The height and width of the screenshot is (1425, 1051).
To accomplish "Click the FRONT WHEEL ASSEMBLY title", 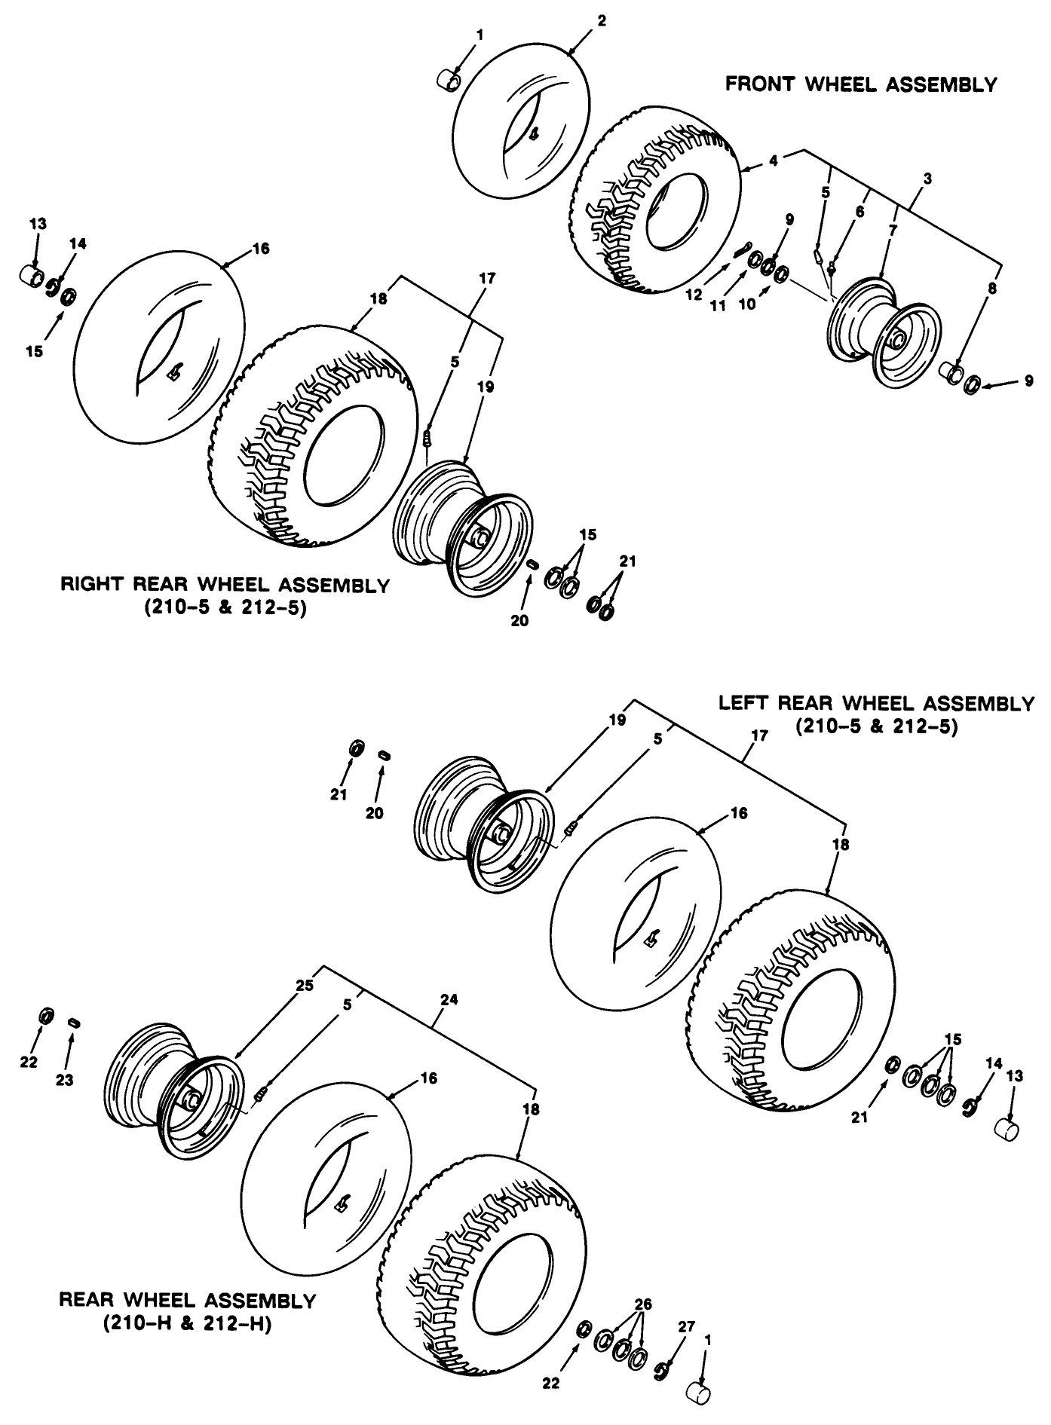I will [x=860, y=84].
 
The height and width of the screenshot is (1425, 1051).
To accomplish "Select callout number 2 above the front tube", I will [x=601, y=21].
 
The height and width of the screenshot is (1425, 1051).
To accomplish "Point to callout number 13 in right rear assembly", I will [x=38, y=224].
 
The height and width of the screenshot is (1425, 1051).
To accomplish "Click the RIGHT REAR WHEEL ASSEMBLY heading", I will [x=225, y=586].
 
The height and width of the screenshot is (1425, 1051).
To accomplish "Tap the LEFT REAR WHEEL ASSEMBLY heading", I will [x=876, y=704].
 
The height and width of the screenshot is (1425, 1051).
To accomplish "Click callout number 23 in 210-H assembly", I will [x=65, y=1080].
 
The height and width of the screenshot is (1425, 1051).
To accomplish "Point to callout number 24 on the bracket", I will [x=450, y=1000].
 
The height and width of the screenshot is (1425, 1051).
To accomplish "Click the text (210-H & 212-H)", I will [x=187, y=1323].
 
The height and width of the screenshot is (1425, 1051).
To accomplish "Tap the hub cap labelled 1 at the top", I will [x=451, y=79].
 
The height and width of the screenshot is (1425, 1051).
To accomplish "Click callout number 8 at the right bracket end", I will [x=992, y=289].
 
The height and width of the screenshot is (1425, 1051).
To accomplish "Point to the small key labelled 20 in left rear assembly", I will [x=384, y=754].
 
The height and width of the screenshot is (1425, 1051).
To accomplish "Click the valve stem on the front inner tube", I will [x=534, y=136].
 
